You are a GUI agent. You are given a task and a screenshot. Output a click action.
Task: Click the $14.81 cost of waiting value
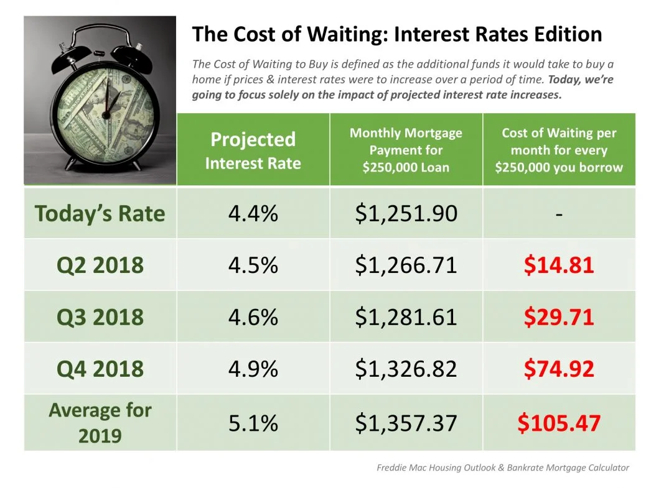click(x=558, y=265)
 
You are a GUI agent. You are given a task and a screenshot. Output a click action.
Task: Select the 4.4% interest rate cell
click(x=253, y=214)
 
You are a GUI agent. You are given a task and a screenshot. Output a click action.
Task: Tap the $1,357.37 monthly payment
click(x=406, y=423)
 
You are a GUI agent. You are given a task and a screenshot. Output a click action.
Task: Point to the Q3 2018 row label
click(x=100, y=317)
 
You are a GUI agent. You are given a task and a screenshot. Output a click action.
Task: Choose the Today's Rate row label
click(x=100, y=214)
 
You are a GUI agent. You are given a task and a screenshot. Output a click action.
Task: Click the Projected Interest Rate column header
click(x=253, y=150)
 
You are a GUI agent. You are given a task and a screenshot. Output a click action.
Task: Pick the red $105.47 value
click(x=558, y=423)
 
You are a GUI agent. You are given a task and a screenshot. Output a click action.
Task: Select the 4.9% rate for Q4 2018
click(x=253, y=369)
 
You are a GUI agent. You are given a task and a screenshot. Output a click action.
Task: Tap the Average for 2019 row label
click(x=100, y=423)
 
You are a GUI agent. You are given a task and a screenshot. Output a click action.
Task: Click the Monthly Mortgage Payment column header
click(x=406, y=150)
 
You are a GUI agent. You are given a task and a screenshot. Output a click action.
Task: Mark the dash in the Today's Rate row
click(x=559, y=214)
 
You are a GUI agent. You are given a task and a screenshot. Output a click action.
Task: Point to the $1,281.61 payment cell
click(x=406, y=317)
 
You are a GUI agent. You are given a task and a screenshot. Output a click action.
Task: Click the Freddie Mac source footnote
click(x=503, y=467)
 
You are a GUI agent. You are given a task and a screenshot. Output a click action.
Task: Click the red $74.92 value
click(x=558, y=369)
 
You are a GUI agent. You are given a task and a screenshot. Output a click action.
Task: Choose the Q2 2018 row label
click(x=100, y=265)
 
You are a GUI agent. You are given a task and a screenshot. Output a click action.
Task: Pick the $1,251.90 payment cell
click(x=406, y=214)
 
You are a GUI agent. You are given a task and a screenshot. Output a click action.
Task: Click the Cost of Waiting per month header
click(x=559, y=150)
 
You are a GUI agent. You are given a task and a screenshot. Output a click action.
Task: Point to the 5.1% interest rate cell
click(x=253, y=423)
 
